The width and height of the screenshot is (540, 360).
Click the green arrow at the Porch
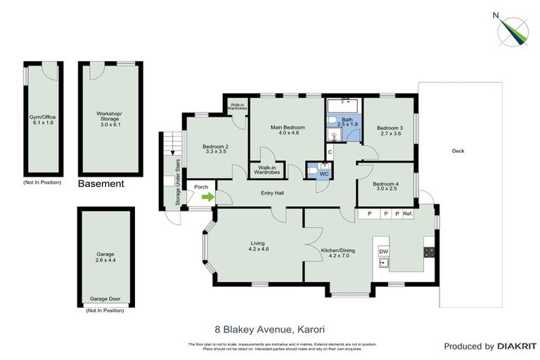click(207, 198)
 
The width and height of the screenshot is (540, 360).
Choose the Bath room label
click(347, 122)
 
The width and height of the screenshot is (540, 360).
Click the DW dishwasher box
click(384, 252)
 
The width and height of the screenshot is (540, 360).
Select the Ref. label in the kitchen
click(408, 214)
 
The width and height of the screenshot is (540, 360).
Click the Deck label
click(458, 150)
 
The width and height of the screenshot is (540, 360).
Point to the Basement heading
click(101, 184)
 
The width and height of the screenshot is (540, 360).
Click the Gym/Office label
click(42, 118)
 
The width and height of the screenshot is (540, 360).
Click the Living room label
click(258, 246)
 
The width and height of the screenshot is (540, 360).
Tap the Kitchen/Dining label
click(335, 252)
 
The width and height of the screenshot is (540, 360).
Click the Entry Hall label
click(272, 193)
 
